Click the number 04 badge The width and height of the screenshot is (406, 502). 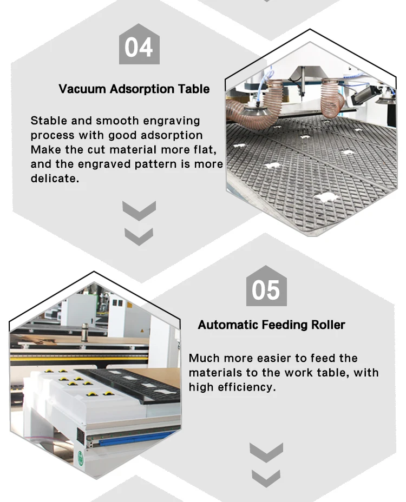(139, 47)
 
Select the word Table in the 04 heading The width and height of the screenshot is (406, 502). (193, 89)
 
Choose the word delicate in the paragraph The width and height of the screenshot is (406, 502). (54, 179)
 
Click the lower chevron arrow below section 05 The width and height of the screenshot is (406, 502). (266, 478)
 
